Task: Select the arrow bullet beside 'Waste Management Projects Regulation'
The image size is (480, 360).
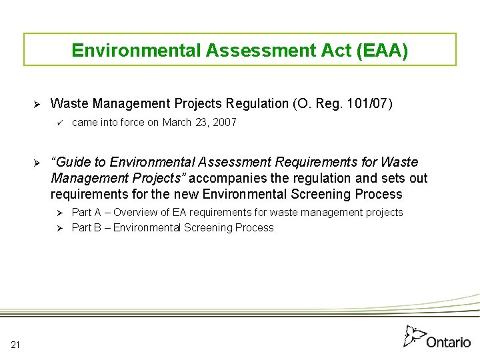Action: click(x=38, y=104)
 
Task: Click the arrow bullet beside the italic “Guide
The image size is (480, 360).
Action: click(x=38, y=163)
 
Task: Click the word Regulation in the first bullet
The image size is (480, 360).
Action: click(x=257, y=103)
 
